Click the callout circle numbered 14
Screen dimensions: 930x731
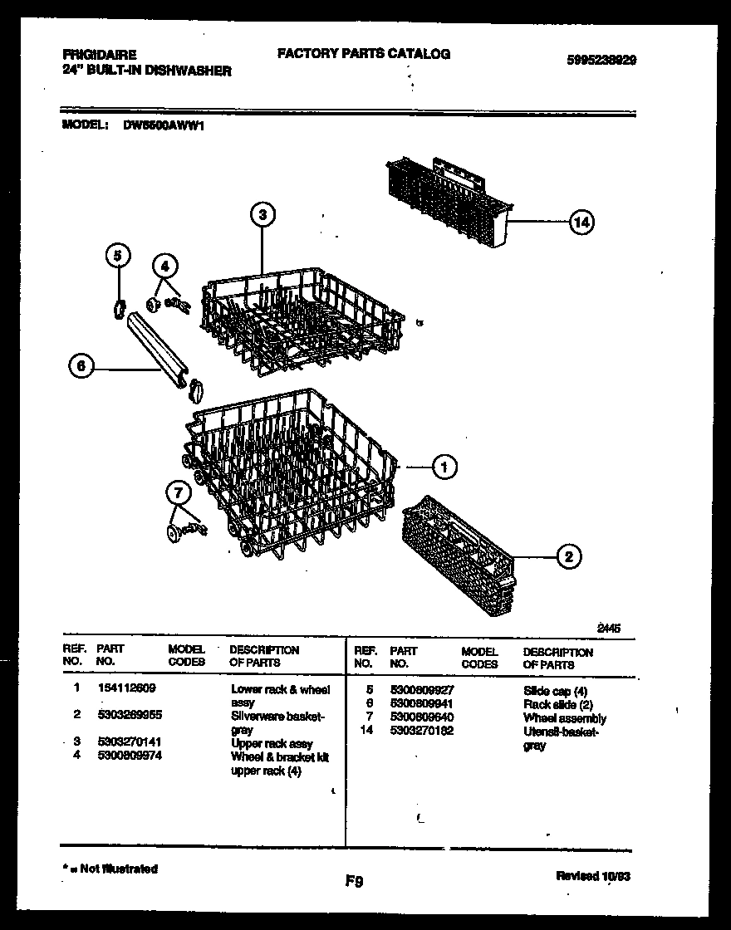point(582,223)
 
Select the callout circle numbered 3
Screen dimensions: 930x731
point(262,215)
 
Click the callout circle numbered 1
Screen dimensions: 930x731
point(444,467)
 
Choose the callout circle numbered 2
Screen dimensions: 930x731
point(568,557)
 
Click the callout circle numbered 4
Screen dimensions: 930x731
point(165,267)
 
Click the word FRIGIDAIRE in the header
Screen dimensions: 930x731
point(100,56)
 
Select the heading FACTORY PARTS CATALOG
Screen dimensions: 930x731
point(363,54)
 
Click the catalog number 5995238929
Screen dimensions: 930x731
point(601,61)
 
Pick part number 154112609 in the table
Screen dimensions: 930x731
point(126,688)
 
